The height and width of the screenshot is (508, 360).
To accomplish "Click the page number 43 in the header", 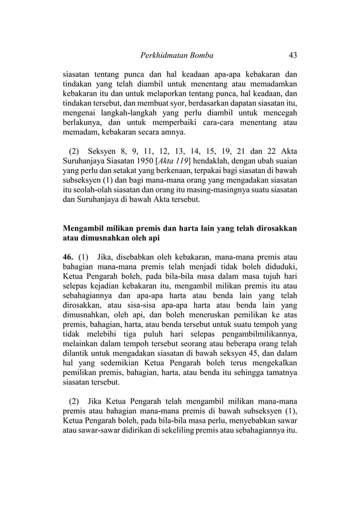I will (x=293, y=55).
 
